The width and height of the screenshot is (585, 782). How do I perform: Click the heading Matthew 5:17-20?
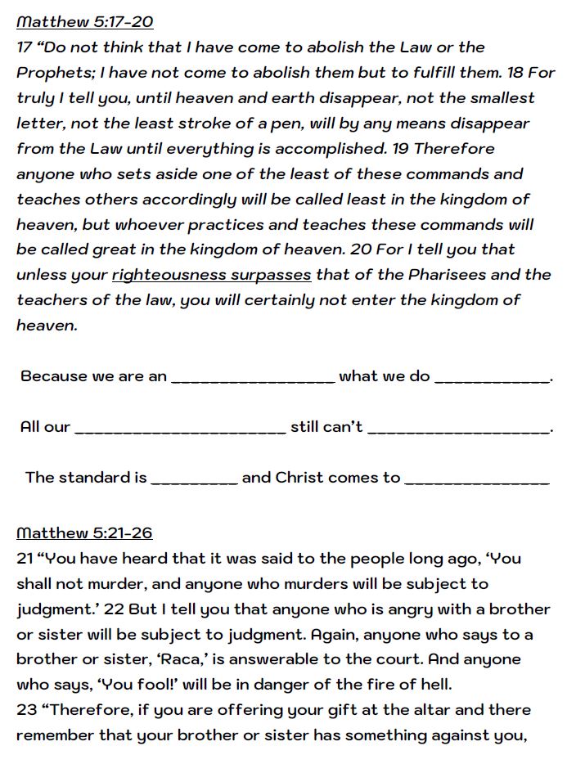click(84, 22)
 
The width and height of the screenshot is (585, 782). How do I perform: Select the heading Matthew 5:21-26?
click(84, 533)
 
